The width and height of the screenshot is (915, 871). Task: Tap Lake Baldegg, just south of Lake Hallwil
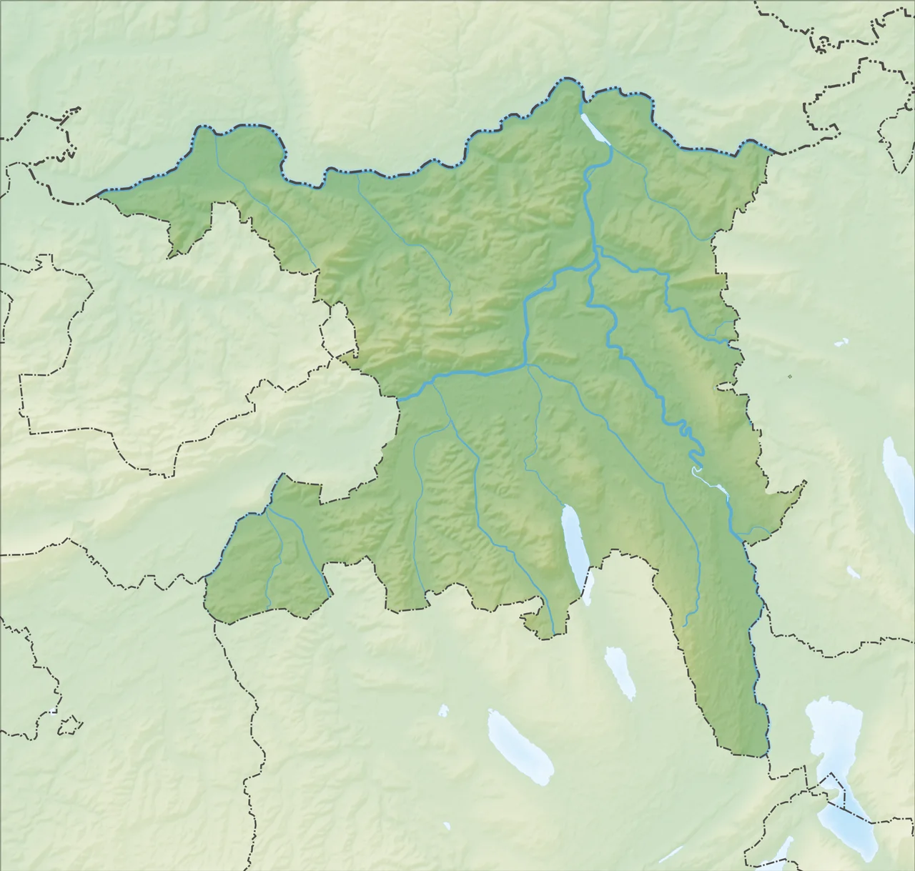620,672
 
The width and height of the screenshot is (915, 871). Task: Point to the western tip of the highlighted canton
100,192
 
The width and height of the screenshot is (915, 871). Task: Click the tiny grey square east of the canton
789,377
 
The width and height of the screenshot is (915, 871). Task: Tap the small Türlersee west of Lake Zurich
854,572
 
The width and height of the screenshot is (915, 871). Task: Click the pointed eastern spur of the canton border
803,483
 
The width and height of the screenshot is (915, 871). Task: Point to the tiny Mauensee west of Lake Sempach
443,711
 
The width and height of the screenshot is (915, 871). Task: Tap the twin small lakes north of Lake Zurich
841,342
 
